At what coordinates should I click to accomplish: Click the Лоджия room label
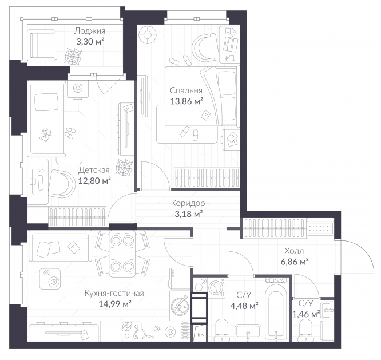click(x=90, y=31)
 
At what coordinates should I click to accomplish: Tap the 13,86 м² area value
click(x=186, y=101)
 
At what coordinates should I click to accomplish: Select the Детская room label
click(x=94, y=170)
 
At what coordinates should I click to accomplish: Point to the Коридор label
click(x=188, y=203)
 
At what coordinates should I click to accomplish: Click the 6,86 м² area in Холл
click(x=295, y=262)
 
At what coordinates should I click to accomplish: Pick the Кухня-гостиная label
click(x=114, y=294)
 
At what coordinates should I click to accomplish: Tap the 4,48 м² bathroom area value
click(x=244, y=306)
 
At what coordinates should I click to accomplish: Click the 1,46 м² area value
click(x=306, y=314)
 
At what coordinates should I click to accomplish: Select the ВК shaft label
click(x=201, y=334)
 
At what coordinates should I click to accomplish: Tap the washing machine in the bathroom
click(x=216, y=288)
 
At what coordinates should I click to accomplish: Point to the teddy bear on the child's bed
click(x=45, y=135)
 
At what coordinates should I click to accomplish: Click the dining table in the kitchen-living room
click(x=122, y=253)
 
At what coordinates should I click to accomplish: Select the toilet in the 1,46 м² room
click(x=305, y=330)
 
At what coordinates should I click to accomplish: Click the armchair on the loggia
click(x=43, y=45)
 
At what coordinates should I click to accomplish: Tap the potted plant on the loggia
click(x=73, y=56)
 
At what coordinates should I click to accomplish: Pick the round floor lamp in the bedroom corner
click(x=147, y=35)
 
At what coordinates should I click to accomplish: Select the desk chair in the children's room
click(x=62, y=184)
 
